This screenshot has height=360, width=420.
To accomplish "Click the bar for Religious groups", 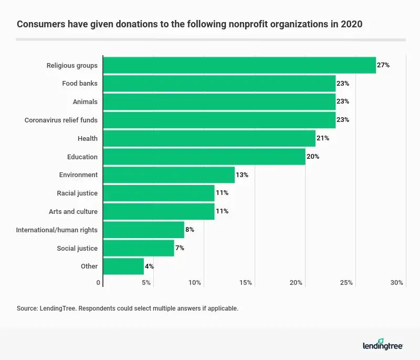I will (x=239, y=65).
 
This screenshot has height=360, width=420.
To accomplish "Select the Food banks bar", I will (x=219, y=84).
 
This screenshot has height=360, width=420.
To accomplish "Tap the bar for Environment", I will (x=169, y=174).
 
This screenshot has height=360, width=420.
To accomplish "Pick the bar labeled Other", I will (x=123, y=266).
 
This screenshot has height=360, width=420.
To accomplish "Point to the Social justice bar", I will (x=139, y=248).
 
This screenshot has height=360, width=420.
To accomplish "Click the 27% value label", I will (x=383, y=65).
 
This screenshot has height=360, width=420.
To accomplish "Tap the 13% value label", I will (x=242, y=174).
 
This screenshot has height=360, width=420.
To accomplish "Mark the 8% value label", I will (x=190, y=230).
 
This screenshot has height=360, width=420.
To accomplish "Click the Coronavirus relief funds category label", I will (x=61, y=120).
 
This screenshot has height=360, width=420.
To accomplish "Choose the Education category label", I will (x=82, y=157).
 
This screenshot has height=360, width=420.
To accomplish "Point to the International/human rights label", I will (x=57, y=230).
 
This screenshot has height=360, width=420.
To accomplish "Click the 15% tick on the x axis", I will (x=245, y=283).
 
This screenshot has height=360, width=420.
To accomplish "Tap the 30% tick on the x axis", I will (x=397, y=283).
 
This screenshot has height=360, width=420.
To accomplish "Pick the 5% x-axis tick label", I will (x=146, y=283).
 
